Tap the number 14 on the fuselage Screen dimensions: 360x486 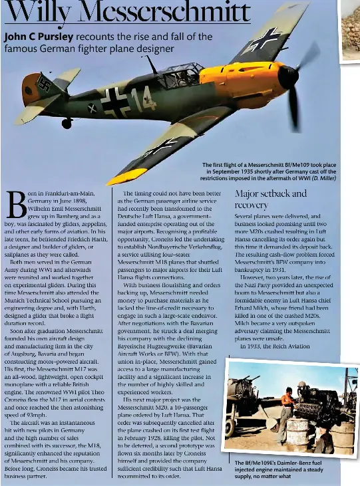tap(144, 98)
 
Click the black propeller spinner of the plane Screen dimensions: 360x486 tap(289, 77)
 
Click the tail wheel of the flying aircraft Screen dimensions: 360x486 tap(67, 123)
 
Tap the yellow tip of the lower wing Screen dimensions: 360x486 tap(126, 177)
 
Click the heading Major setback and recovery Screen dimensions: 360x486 tap(271, 199)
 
